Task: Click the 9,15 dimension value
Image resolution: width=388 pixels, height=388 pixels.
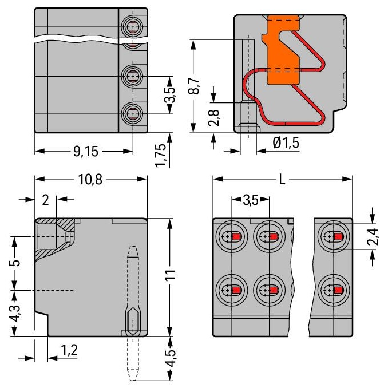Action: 86,152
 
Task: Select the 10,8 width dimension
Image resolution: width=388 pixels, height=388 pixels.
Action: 90,179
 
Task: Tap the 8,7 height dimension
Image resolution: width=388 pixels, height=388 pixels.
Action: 194,86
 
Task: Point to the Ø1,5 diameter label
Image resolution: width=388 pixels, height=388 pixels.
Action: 286,143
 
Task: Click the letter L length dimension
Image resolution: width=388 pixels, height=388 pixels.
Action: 282,179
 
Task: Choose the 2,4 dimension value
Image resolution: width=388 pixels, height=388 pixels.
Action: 373,237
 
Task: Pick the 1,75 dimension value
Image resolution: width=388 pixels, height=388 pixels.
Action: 161,155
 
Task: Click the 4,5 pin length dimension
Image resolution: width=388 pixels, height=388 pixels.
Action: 171,358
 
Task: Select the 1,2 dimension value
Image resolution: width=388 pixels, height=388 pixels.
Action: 69,350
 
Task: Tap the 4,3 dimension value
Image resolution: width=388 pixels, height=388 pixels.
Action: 15,313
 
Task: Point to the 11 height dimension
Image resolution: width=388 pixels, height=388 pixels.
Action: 170,275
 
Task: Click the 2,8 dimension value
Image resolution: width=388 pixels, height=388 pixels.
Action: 213,118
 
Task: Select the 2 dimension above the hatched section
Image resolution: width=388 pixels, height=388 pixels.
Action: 45,200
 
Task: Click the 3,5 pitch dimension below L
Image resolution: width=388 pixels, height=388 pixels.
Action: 251,200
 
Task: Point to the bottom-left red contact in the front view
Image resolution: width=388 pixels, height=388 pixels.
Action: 236,290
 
